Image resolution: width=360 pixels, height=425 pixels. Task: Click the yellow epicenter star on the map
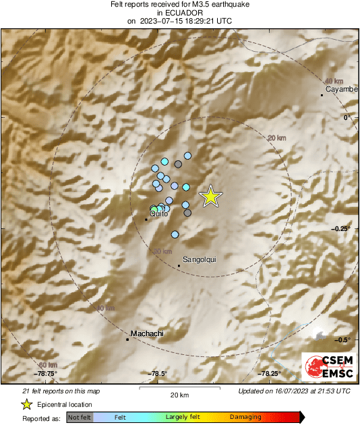click(x=211, y=195)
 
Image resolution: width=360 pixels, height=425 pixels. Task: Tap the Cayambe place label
click(x=339, y=89)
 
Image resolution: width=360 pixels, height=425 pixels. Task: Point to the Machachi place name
click(x=148, y=333)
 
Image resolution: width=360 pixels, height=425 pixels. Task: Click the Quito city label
click(x=159, y=214)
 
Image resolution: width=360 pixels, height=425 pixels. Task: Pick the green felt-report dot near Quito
click(x=155, y=210)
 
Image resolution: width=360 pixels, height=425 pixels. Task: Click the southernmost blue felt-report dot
click(x=175, y=234)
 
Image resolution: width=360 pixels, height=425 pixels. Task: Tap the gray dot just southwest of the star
click(x=187, y=213)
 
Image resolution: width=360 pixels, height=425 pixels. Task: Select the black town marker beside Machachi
click(x=127, y=339)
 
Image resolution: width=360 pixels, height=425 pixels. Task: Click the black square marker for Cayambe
click(x=322, y=96)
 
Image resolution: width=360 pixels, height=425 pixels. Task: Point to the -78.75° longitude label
click(x=47, y=374)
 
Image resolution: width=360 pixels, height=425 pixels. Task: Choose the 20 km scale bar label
click(x=179, y=394)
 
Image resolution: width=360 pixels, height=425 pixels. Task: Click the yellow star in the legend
click(x=26, y=404)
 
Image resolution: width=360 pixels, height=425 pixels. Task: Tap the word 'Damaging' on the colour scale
click(x=245, y=418)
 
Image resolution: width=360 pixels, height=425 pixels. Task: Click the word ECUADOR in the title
click(x=179, y=12)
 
